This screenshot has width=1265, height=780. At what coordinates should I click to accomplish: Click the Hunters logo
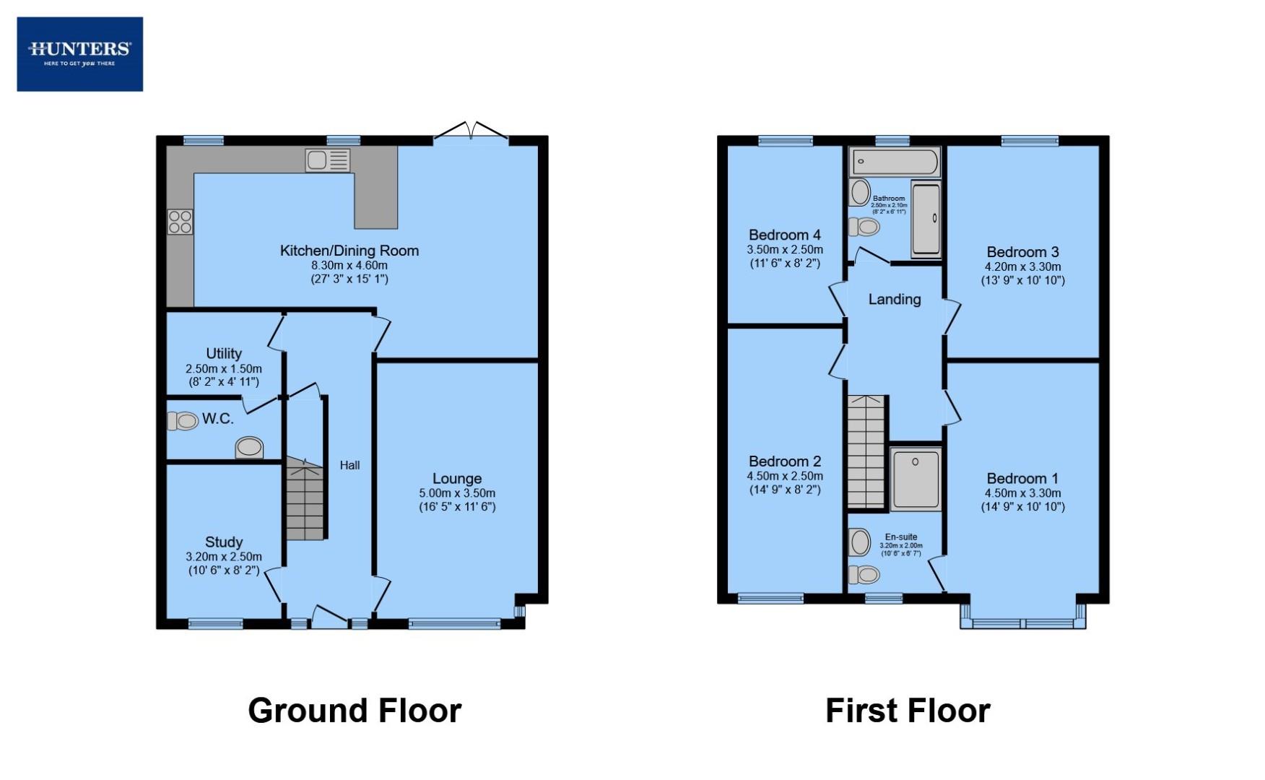tap(79, 54)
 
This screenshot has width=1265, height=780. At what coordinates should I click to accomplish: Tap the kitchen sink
tap(327, 160)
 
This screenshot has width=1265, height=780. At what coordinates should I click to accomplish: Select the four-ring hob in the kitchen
tap(180, 222)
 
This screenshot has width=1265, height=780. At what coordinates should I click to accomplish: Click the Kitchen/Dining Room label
tap(349, 251)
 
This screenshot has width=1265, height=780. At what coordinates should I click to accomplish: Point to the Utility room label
tap(223, 353)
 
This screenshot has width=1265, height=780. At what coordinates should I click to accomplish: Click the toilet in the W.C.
tap(183, 420)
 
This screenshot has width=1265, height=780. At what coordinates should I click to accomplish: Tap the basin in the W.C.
tap(249, 447)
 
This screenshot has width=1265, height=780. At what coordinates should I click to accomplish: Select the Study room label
tap(223, 542)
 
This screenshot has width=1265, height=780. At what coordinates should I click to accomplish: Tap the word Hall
tap(349, 465)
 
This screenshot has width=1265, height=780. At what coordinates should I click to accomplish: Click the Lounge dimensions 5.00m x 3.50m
tap(457, 493)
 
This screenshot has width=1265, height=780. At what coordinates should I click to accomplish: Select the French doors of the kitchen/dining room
tap(471, 132)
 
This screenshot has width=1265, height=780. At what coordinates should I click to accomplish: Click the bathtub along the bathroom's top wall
tap(895, 162)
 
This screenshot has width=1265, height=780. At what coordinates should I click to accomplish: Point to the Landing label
tap(894, 299)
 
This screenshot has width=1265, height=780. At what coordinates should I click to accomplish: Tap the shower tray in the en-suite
tap(915, 479)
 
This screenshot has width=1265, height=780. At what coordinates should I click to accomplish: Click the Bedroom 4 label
tap(784, 235)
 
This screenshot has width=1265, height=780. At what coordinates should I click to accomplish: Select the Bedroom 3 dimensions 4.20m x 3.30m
tap(1022, 266)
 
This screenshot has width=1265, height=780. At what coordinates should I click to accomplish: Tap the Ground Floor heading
tap(355, 711)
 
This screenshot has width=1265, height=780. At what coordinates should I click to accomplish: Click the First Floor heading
tap(908, 711)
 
